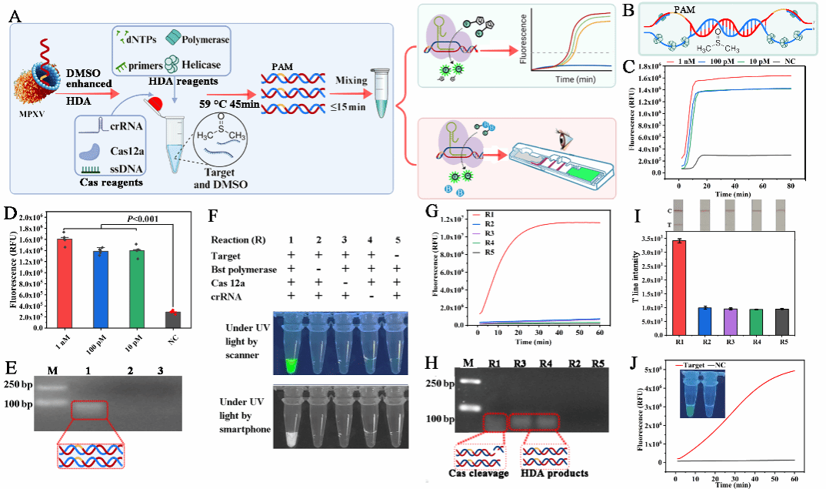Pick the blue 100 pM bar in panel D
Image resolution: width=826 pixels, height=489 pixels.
[x=100, y=290]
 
